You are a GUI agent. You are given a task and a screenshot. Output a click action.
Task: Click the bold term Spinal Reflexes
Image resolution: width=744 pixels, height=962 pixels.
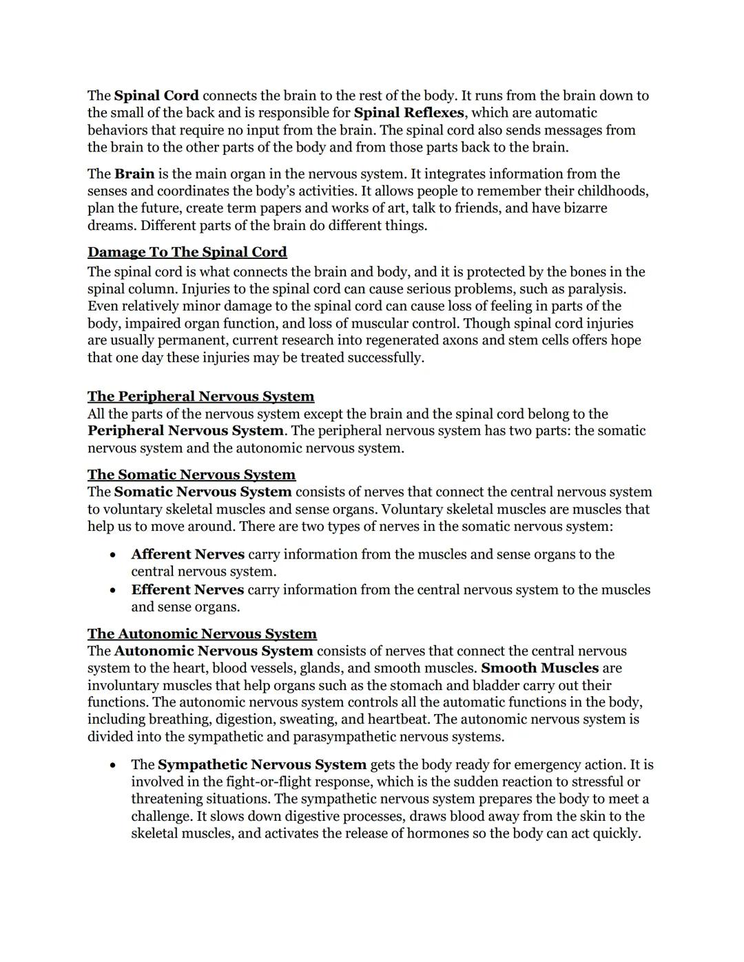point(409,113)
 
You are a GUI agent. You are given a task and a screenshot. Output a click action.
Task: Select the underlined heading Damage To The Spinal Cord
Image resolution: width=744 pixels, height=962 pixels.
point(187,252)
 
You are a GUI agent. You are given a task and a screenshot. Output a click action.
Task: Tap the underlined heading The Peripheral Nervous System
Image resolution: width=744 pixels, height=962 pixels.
point(200,397)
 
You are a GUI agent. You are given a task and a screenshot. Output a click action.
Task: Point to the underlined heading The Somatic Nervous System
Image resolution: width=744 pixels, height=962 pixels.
point(191,474)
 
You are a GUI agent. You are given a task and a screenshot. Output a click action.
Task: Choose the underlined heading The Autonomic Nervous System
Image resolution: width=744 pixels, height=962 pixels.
point(202,634)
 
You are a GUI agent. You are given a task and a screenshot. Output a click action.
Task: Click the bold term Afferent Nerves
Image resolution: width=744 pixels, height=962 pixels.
point(187,554)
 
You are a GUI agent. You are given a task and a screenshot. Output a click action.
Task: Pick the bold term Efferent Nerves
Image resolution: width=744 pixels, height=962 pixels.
point(187,590)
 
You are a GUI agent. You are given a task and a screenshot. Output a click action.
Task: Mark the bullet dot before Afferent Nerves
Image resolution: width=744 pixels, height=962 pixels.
point(112,555)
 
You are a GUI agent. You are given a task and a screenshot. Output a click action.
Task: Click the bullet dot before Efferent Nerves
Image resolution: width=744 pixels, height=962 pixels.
point(112,591)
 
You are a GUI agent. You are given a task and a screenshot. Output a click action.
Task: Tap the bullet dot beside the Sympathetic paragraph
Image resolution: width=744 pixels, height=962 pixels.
point(112,766)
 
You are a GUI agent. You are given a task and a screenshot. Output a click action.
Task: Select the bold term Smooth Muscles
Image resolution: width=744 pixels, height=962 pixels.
point(539,668)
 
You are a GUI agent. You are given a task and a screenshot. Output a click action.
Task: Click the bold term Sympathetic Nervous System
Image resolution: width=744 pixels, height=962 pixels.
point(262,764)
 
